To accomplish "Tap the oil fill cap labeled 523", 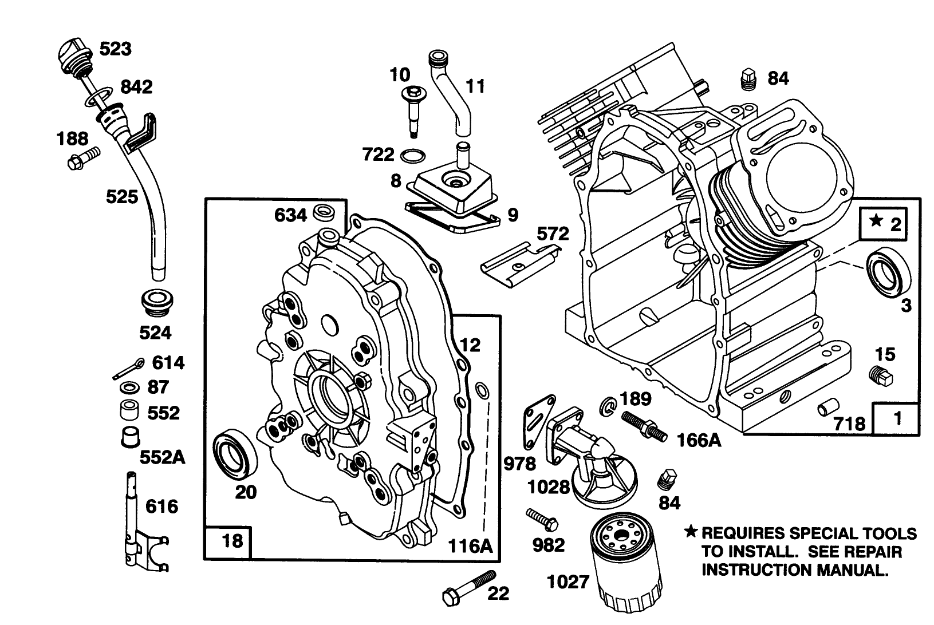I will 73,53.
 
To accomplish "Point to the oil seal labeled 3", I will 889,275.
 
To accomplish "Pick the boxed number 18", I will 232,540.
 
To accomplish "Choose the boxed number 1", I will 897,418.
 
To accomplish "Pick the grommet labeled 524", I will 157,303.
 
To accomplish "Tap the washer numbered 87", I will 130,388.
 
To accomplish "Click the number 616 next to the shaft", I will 162,507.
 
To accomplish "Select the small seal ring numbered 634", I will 325,212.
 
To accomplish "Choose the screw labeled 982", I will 542,519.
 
